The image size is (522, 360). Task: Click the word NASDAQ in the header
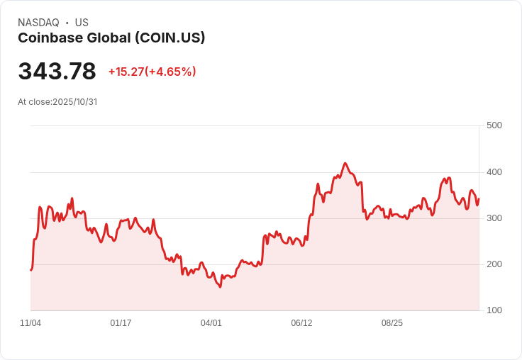(x=38, y=23)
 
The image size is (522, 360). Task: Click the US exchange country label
(x=82, y=23)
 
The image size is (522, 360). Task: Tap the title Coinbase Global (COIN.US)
(x=111, y=38)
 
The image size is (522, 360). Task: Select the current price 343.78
(x=57, y=72)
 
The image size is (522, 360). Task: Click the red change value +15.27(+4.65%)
(x=152, y=72)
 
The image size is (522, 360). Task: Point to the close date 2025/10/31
(x=74, y=102)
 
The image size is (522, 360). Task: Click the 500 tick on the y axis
(x=494, y=125)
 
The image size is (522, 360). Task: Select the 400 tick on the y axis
(x=494, y=172)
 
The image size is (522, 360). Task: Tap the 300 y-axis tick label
(x=494, y=218)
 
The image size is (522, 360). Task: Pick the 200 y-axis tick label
(x=494, y=264)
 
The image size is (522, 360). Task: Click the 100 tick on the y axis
(x=494, y=310)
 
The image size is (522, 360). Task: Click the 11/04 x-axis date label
(x=30, y=323)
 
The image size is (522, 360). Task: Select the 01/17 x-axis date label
(x=121, y=323)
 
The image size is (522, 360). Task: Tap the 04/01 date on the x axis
(x=211, y=323)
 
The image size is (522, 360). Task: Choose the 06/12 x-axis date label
(x=301, y=323)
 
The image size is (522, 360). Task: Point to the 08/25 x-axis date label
(x=392, y=323)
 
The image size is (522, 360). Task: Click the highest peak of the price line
(x=345, y=163)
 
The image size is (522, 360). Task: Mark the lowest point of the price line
(x=220, y=287)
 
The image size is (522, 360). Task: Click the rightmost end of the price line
(x=479, y=199)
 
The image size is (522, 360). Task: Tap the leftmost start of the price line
(x=30, y=270)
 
